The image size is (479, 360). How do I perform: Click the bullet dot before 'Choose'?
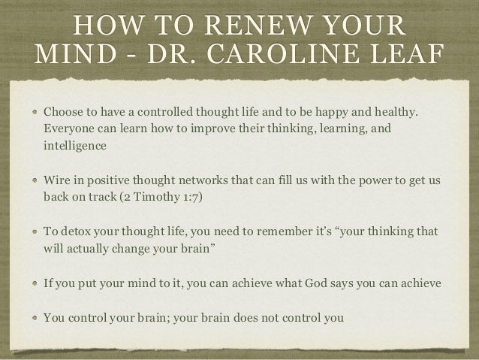(x=35, y=113)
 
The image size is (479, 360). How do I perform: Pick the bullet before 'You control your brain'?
(x=35, y=317)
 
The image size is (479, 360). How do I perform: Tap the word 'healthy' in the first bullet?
(x=393, y=113)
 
